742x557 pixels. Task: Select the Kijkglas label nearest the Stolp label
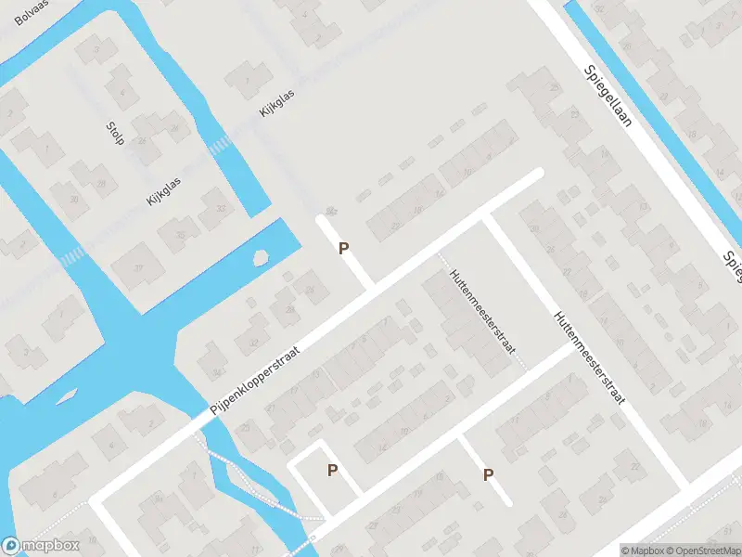point(163,192)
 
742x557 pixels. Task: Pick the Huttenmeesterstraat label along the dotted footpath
point(482,317)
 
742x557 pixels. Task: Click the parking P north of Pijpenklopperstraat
point(343,249)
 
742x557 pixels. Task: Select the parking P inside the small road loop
point(332,471)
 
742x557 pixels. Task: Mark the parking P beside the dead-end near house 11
point(488,475)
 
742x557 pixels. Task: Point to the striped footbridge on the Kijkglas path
point(222,144)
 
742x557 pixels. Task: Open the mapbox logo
point(40,546)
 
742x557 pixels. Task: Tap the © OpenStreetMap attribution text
point(706,551)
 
